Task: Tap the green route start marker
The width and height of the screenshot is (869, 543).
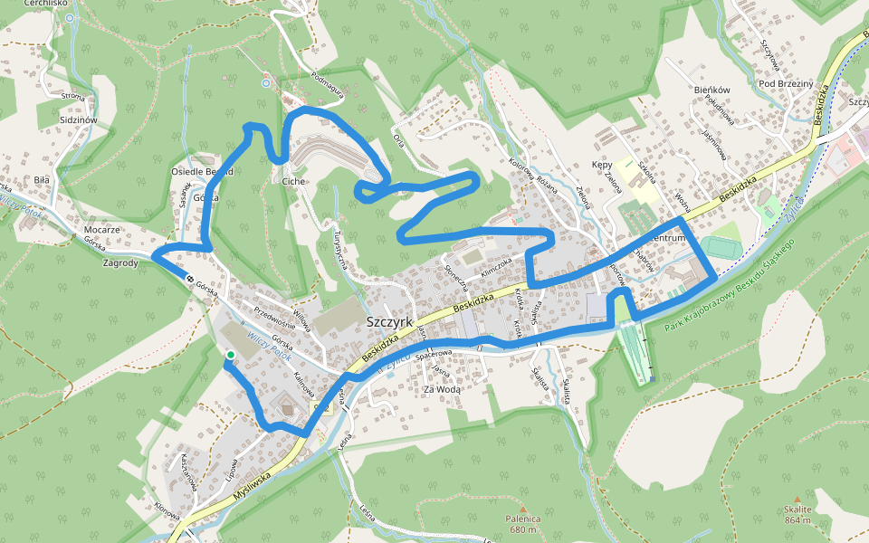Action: tap(231, 355)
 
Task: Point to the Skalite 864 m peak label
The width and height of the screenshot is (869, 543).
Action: tap(797, 515)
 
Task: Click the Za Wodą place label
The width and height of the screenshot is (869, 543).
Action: tap(444, 389)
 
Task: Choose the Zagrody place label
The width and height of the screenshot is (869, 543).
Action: tap(120, 263)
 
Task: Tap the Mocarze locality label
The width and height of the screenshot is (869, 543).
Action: tap(102, 230)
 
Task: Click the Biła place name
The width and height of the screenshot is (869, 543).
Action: tap(42, 180)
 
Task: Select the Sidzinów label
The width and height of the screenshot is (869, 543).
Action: tap(77, 119)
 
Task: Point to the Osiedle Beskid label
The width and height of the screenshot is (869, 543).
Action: tap(202, 171)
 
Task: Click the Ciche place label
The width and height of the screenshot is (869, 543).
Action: tap(293, 181)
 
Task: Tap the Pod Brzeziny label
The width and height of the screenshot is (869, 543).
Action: tap(786, 84)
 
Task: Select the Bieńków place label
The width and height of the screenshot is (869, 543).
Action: tap(711, 90)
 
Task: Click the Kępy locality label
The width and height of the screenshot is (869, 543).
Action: tap(602, 166)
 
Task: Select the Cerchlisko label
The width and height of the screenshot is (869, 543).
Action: tap(47, 4)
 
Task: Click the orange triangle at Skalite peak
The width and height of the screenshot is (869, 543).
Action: tap(797, 499)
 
